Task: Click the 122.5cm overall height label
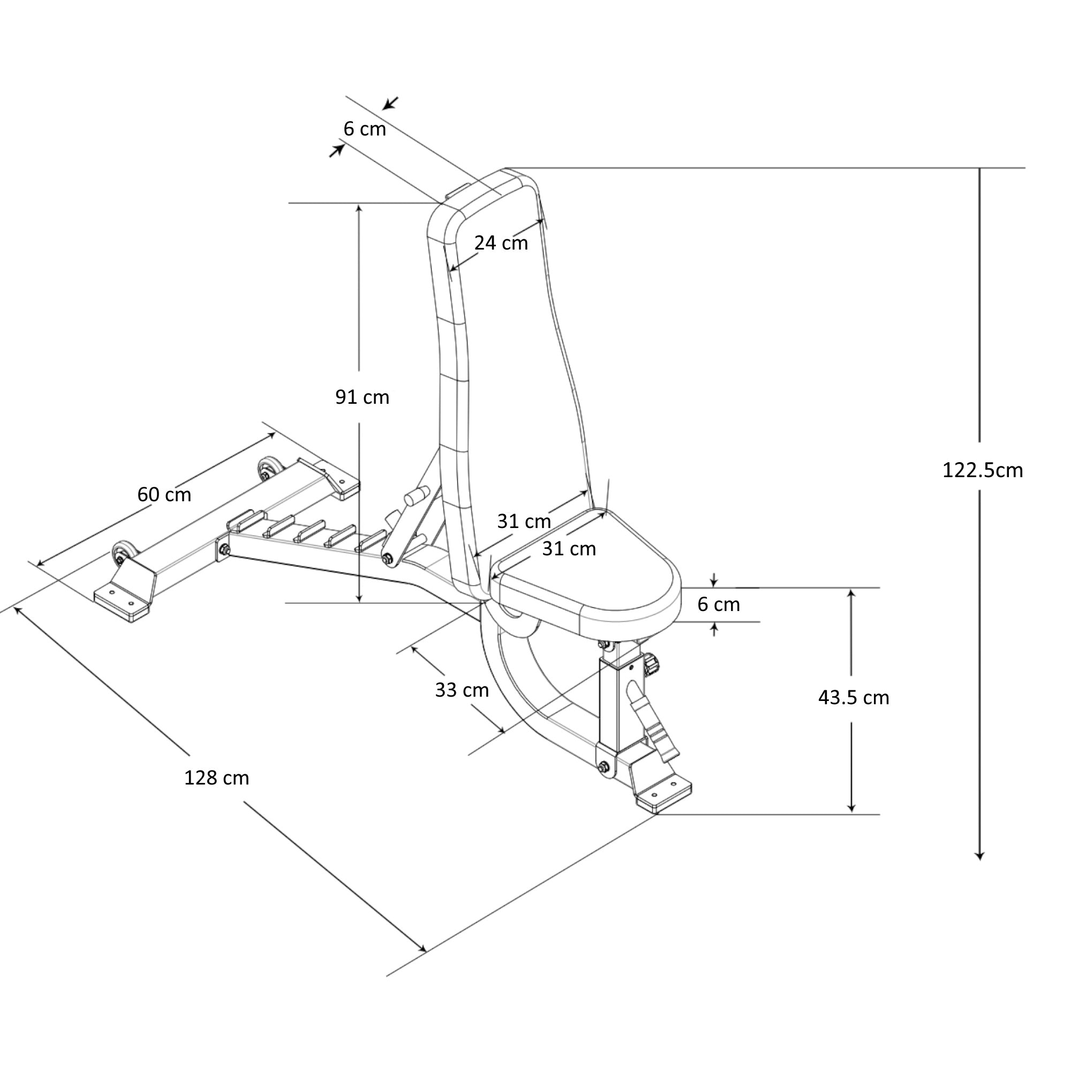pos(982,471)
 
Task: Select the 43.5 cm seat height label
pos(853,697)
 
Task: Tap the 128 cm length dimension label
pos(216,778)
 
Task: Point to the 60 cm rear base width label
pos(164,494)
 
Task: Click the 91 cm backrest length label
pos(362,397)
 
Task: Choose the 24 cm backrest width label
pos(501,243)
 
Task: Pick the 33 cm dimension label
pos(462,690)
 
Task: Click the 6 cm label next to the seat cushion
pos(719,604)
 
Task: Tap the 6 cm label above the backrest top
pos(364,129)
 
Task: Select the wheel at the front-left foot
pos(122,554)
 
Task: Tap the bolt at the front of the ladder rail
pos(224,550)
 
